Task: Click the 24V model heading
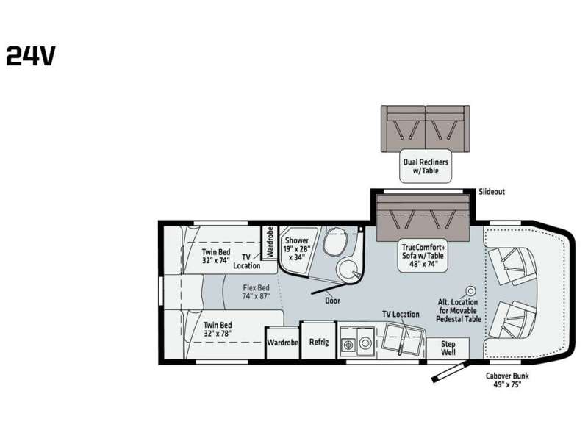point(31,57)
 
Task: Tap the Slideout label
point(492,192)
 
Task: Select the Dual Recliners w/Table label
point(426,166)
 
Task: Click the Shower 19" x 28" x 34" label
point(297,248)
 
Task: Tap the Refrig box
point(319,341)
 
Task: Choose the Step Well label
point(448,348)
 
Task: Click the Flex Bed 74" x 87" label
point(256,292)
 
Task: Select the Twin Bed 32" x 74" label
point(216,256)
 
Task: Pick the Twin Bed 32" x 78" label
point(218,329)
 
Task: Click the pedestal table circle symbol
point(470,290)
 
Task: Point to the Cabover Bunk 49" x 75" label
point(507,380)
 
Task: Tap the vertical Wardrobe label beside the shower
point(270,242)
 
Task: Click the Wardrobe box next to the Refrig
point(282,343)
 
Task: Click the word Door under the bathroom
point(333,301)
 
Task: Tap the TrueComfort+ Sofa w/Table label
point(423,256)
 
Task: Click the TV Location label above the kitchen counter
point(401,315)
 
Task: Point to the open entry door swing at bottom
point(449,372)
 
